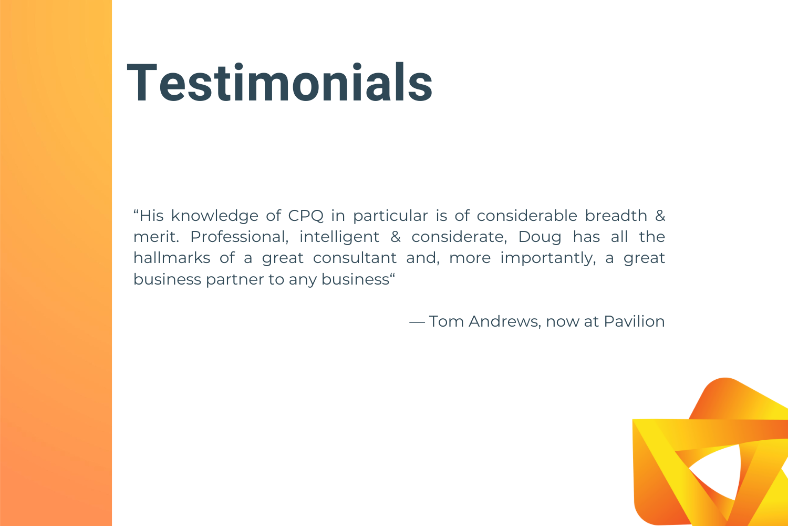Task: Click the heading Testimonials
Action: tap(279, 83)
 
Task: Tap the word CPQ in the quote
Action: tap(306, 216)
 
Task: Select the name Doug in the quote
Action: tap(540, 237)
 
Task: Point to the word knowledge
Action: tap(214, 216)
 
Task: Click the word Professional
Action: tap(239, 237)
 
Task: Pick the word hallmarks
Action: tap(172, 258)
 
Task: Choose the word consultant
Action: tap(355, 258)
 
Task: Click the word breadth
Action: tap(616, 216)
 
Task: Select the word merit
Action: tap(156, 237)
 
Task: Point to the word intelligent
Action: tap(339, 237)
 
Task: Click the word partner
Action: tap(235, 280)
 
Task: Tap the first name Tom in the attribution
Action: tap(446, 321)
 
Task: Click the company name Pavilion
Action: tap(634, 321)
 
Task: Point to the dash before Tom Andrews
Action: tap(417, 322)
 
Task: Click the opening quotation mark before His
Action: tap(136, 211)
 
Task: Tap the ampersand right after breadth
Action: tap(660, 216)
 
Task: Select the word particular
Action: tap(390, 216)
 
